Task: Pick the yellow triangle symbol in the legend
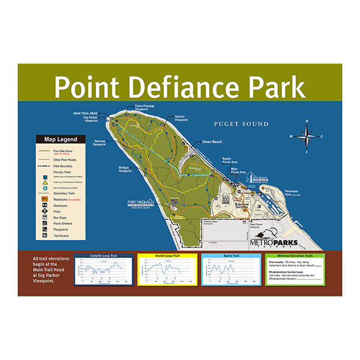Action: click(45, 181)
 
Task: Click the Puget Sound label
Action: click(241, 124)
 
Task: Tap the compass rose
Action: click(307, 136)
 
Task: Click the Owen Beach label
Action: click(212, 142)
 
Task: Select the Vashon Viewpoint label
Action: click(183, 118)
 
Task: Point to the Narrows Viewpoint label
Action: click(100, 143)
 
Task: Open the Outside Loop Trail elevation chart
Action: click(103, 269)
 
